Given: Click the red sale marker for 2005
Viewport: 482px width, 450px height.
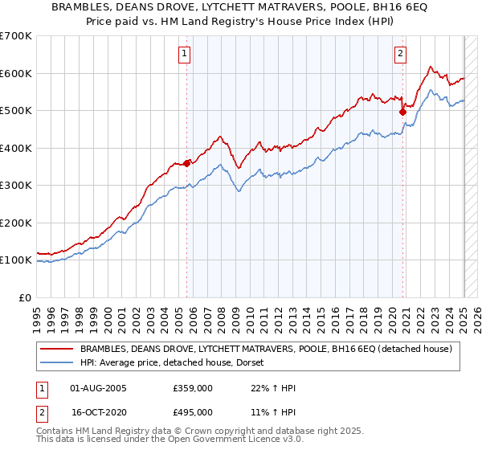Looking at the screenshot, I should [x=187, y=163].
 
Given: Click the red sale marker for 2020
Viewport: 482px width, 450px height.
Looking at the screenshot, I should [x=402, y=112].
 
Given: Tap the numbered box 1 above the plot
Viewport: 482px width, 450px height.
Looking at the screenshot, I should [x=185, y=54].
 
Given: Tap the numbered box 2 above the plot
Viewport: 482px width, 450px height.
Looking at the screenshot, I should [x=400, y=54].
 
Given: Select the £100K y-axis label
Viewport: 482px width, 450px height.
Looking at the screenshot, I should [x=16, y=260].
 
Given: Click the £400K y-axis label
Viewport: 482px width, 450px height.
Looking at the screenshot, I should [x=16, y=148].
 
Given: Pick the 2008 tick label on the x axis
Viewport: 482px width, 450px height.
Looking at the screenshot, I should [x=220, y=314].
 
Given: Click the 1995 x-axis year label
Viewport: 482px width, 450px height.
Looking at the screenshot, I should [x=37, y=314].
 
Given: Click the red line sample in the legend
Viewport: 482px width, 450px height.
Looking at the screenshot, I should [x=56, y=349].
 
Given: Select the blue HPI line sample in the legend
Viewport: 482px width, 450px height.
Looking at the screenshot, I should [x=56, y=362].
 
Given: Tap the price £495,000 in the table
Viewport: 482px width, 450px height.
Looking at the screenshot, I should [x=193, y=411].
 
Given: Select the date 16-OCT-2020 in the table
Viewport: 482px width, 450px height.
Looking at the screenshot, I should [x=99, y=411].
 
